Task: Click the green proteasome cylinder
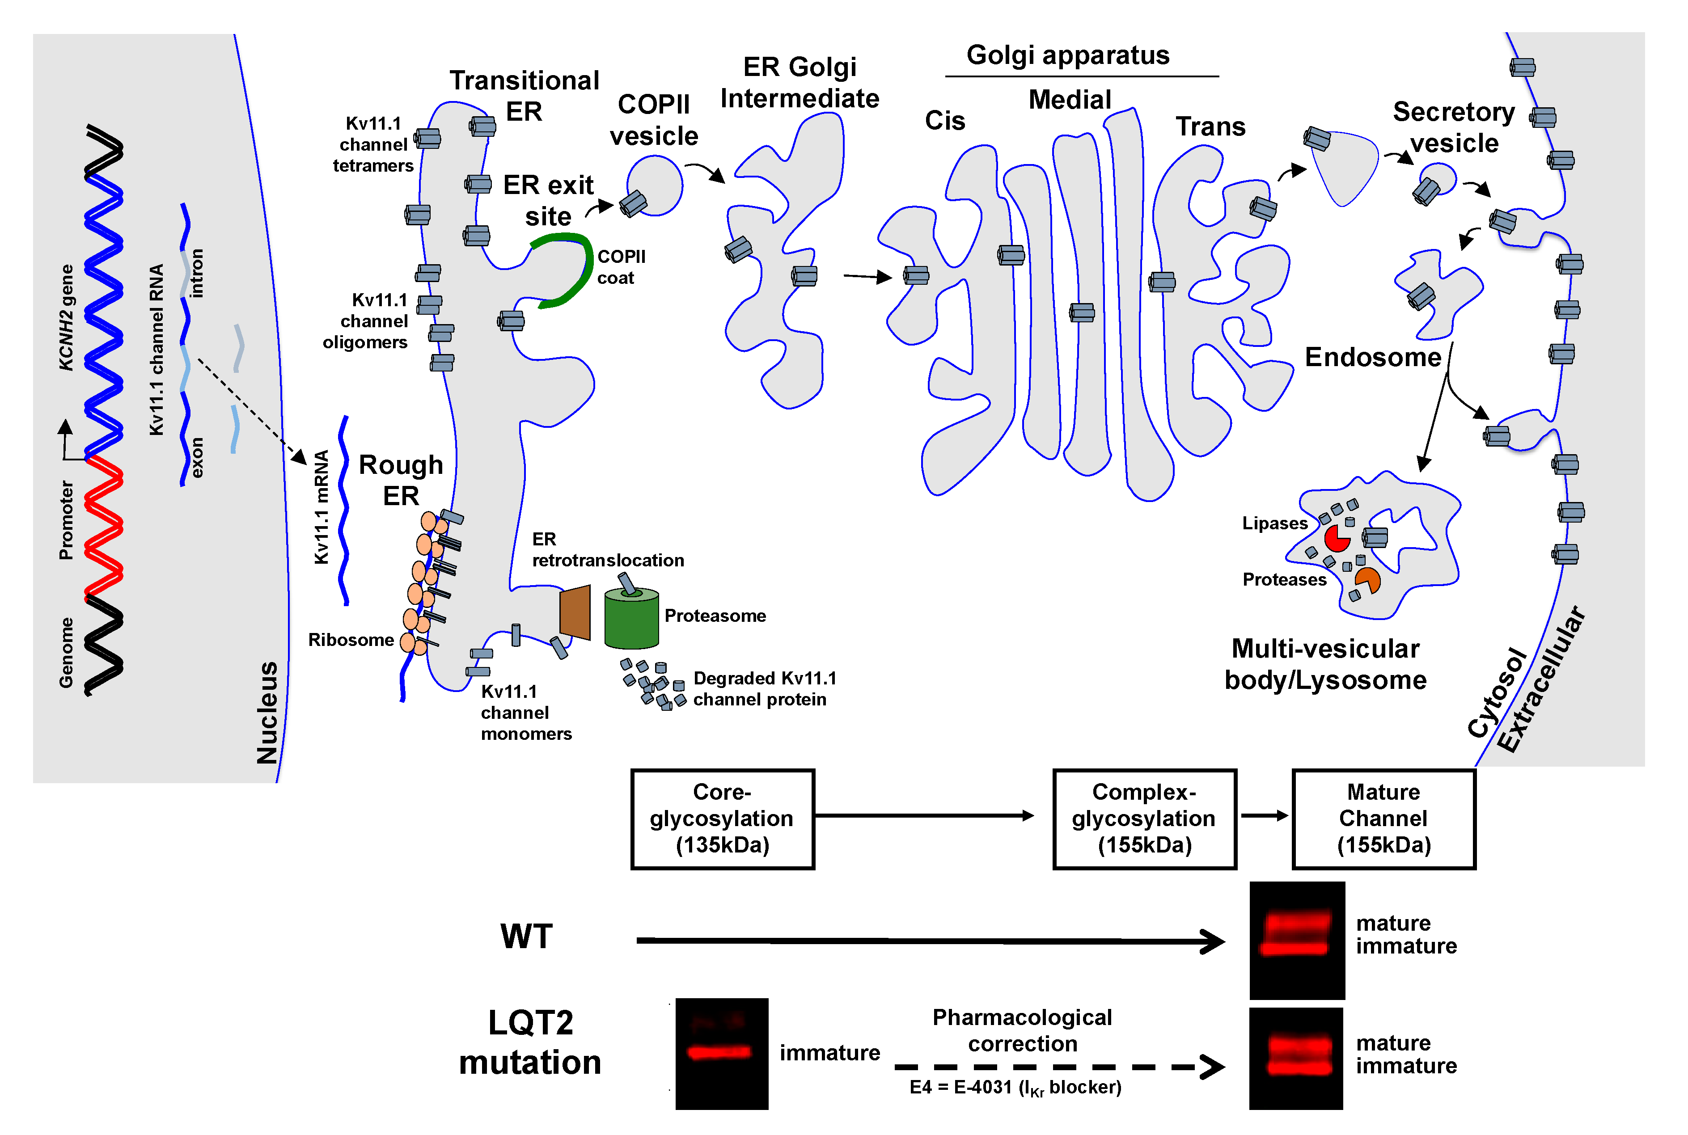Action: point(631,620)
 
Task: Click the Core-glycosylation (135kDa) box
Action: point(723,819)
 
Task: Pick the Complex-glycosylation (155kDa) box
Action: point(1144,819)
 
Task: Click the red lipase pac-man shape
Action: point(1336,539)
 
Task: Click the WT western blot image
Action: point(1297,940)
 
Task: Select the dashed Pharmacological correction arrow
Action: point(1057,1067)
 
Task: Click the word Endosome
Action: point(1372,358)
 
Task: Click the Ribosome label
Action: point(351,640)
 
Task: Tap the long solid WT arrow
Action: point(926,941)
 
